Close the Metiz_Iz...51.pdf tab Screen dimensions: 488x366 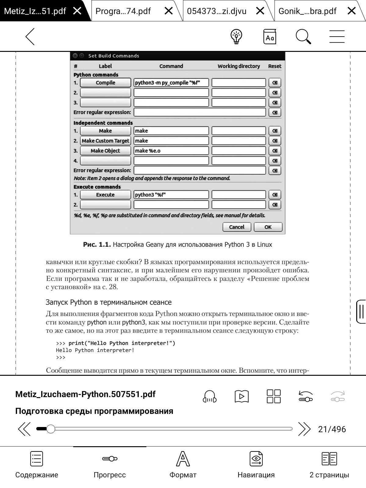point(77,11)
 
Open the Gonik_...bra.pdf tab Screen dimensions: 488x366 point(307,11)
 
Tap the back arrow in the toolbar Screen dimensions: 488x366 point(30,37)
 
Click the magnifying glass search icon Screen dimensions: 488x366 point(303,37)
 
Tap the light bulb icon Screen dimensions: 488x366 point(236,37)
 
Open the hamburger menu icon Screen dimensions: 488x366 point(337,37)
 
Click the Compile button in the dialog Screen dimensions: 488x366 point(105,83)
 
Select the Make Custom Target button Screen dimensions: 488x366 point(105,141)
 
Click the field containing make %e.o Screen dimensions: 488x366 point(171,151)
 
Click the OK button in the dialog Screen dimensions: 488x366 point(268,227)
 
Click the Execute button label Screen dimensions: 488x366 point(105,195)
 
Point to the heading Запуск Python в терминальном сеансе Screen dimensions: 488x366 point(109,302)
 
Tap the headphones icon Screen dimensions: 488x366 point(210,396)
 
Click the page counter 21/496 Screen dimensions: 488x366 point(332,429)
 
